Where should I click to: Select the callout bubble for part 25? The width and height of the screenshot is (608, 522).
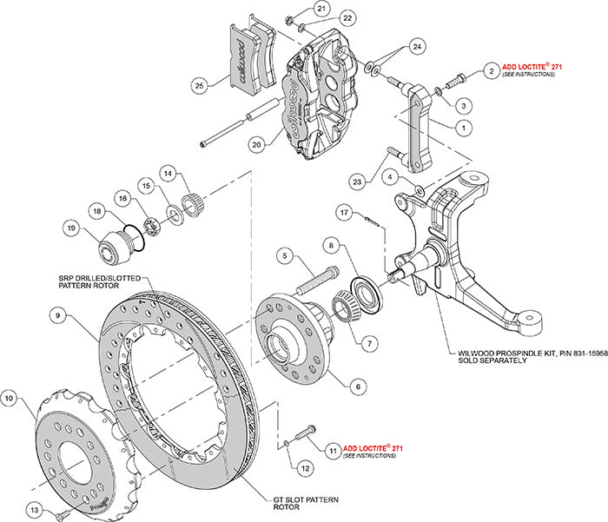point(199,86)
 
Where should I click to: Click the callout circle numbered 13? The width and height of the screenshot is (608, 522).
point(34,508)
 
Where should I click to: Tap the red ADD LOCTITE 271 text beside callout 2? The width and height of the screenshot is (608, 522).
point(530,70)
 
